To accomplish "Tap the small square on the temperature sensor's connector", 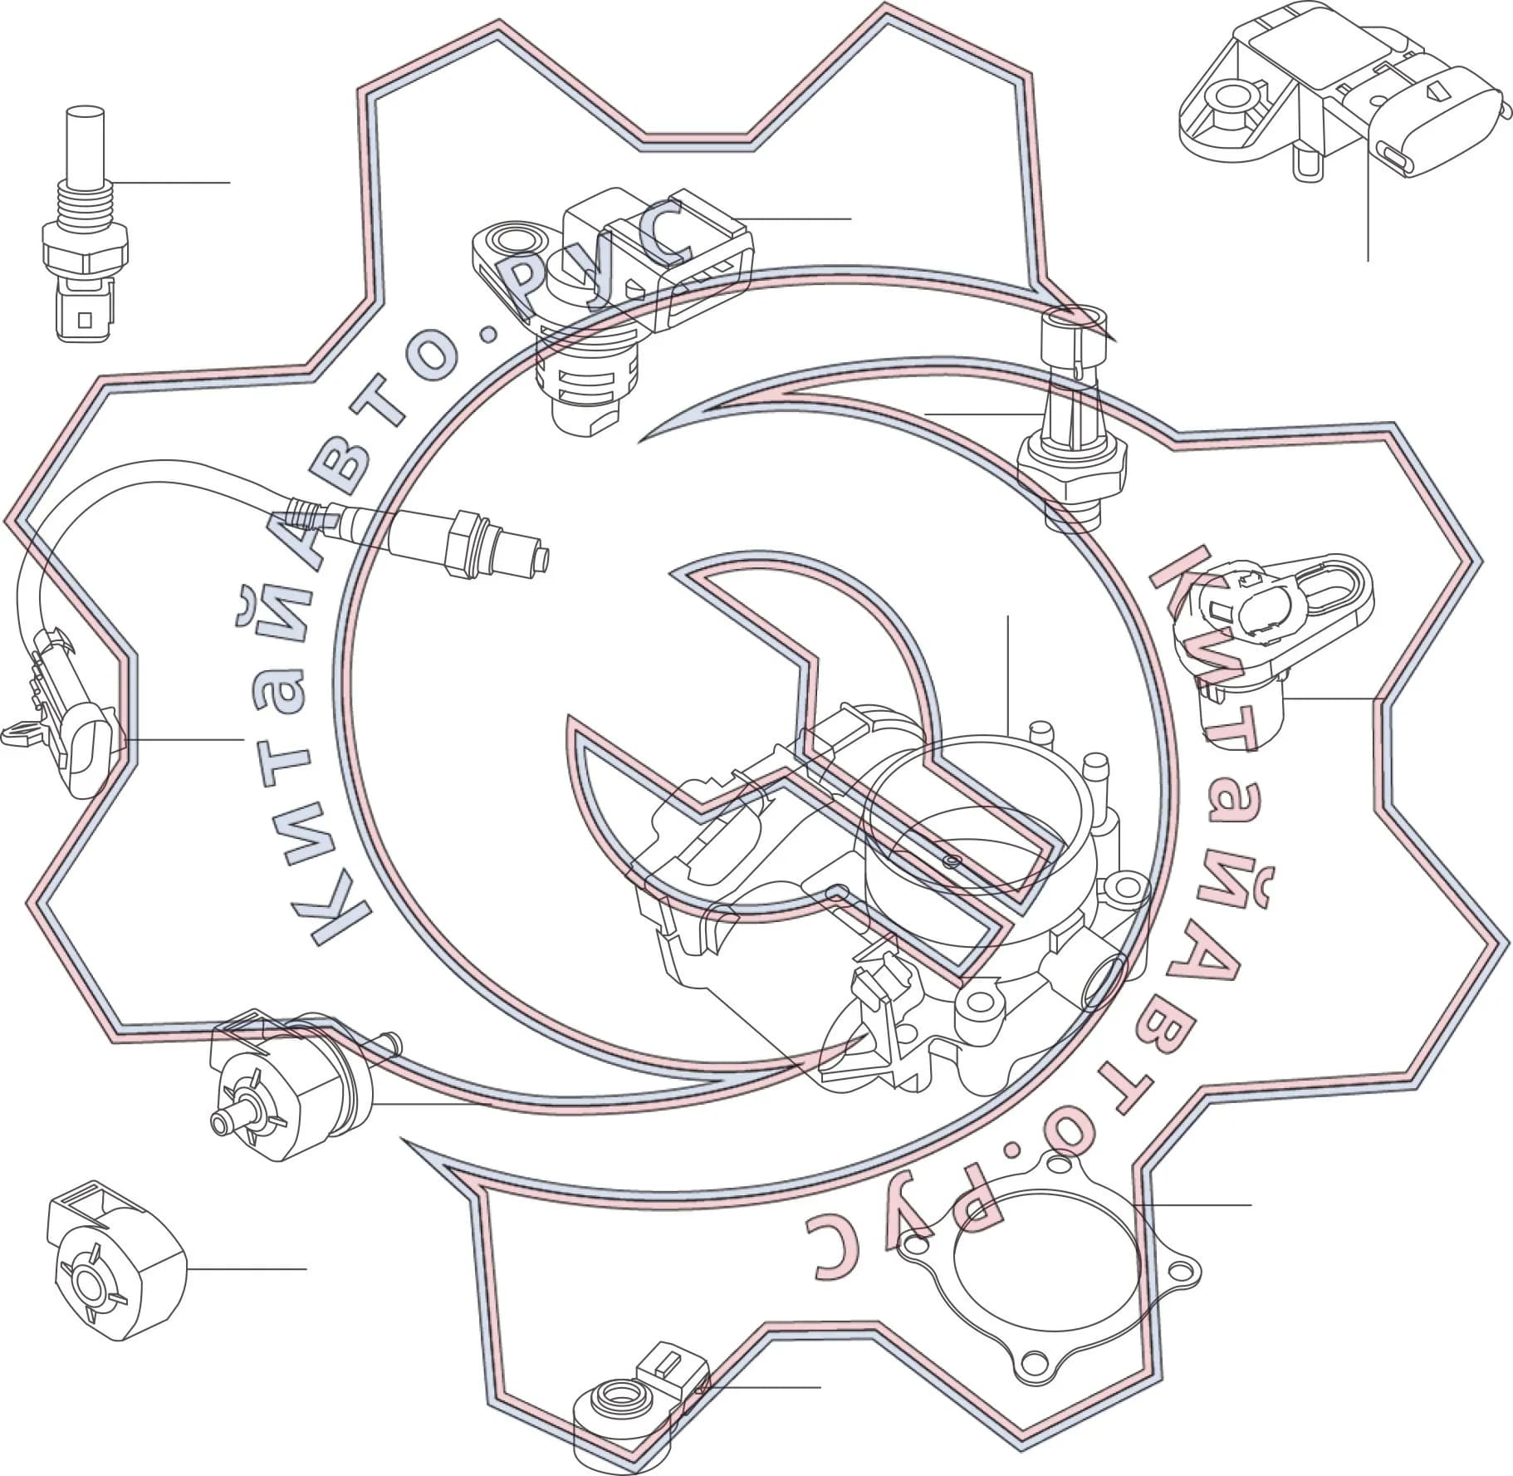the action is click(x=82, y=319).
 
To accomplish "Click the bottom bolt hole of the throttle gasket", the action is click(x=1034, y=1385).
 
